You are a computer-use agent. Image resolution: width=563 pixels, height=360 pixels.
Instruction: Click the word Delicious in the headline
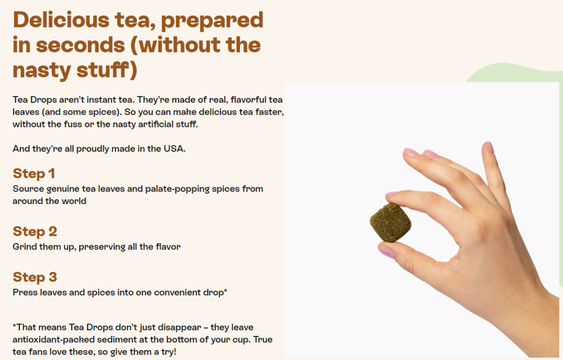(61, 20)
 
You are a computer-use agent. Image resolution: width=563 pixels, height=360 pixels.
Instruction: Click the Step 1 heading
(34, 174)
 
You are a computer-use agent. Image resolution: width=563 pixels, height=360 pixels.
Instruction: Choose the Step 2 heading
(35, 231)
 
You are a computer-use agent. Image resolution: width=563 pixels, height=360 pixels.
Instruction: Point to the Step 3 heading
(35, 277)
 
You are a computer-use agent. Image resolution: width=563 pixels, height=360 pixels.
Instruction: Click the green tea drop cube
(390, 222)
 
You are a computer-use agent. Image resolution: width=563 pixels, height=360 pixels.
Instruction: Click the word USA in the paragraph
(175, 149)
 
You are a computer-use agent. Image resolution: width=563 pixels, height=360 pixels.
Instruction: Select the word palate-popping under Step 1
(175, 189)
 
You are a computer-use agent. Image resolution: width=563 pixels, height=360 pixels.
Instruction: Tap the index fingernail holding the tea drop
(390, 195)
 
